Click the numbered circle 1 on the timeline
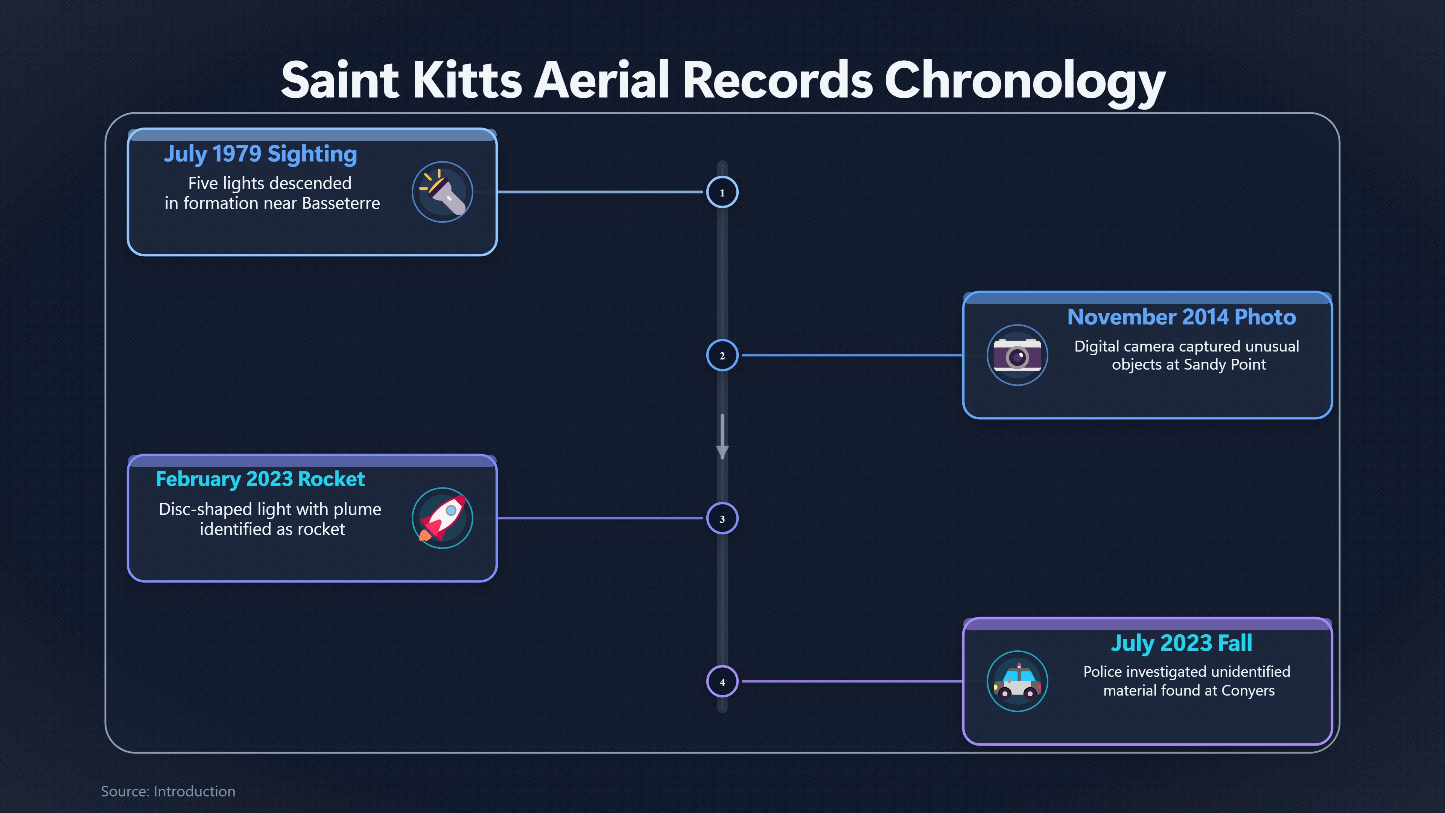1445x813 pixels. [722, 192]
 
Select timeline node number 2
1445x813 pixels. [722, 355]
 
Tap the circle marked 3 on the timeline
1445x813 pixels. [722, 518]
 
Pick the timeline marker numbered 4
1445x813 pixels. [722, 681]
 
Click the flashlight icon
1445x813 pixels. [443, 192]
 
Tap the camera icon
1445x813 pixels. [1017, 355]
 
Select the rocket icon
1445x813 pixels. [443, 518]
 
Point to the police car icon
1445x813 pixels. [1017, 681]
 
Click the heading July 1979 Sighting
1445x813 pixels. [260, 154]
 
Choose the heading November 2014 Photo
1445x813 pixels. [1181, 317]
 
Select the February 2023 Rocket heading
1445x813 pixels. [260, 479]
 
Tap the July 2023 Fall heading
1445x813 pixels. [1181, 643]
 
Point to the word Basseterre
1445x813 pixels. [341, 203]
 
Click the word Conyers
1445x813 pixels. [1248, 691]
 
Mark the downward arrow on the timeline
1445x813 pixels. [722, 437]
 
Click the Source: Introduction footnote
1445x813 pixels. [168, 791]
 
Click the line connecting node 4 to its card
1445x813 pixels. [853, 681]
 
